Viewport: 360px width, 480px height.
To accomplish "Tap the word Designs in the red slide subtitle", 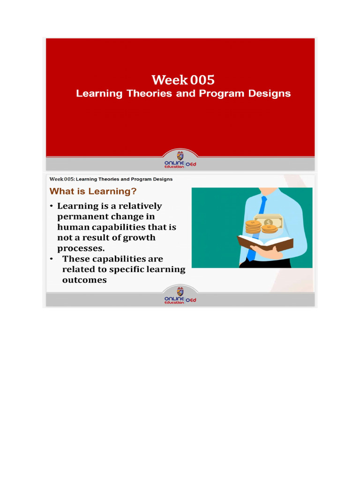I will (x=268, y=93).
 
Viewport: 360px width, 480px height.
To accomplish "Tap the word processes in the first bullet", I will (x=80, y=248).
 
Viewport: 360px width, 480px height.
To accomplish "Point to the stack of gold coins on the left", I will (x=253, y=227).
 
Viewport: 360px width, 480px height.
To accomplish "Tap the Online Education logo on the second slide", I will (x=180, y=296).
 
